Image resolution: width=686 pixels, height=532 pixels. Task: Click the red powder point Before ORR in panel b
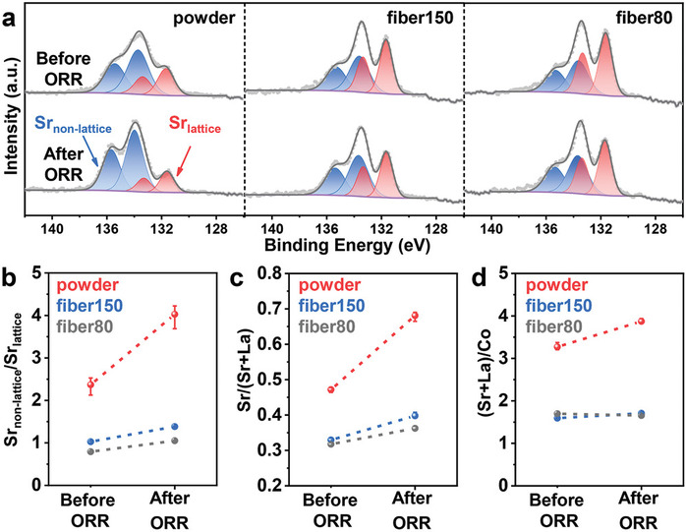(90, 385)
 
